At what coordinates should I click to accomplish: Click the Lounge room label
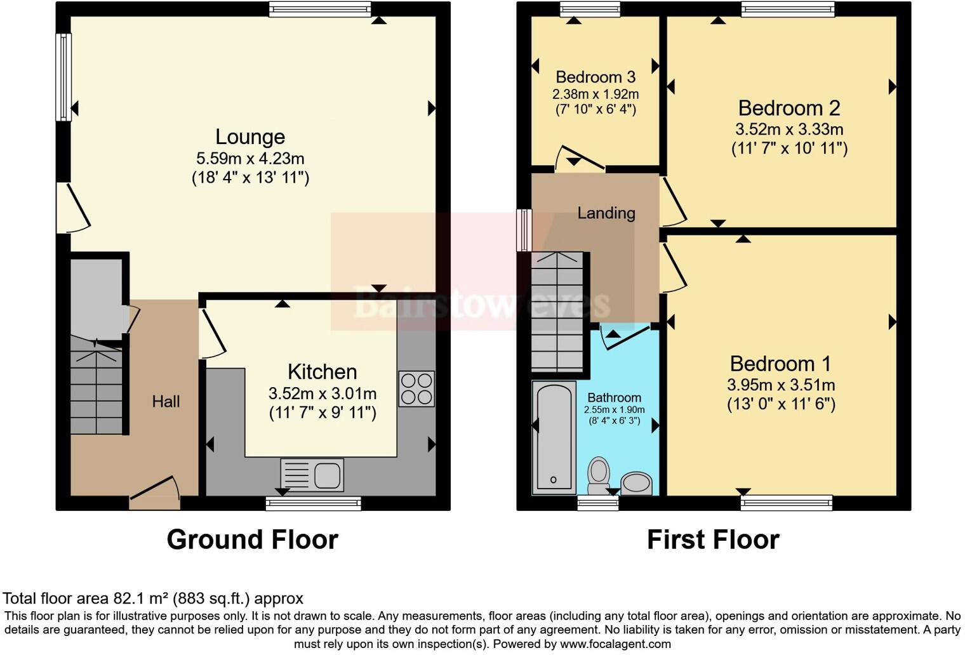point(250,137)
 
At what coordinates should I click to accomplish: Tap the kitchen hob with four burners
point(416,388)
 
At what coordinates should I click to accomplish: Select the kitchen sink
point(312,475)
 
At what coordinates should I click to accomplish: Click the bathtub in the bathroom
point(554,437)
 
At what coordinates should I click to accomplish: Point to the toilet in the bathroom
point(598,475)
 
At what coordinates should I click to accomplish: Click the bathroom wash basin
point(636,484)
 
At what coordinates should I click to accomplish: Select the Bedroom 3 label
point(595,77)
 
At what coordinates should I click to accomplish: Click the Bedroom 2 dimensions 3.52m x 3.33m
point(789,129)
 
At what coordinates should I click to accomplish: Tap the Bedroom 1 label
point(780,364)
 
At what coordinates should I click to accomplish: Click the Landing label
point(606,213)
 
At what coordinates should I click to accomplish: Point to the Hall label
point(166,401)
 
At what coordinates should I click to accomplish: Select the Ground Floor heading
point(252,539)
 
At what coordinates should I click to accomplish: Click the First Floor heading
point(713,539)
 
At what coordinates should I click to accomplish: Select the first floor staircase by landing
point(557,311)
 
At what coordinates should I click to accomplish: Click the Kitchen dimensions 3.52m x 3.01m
point(322,394)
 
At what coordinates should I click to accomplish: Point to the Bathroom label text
point(614,398)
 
